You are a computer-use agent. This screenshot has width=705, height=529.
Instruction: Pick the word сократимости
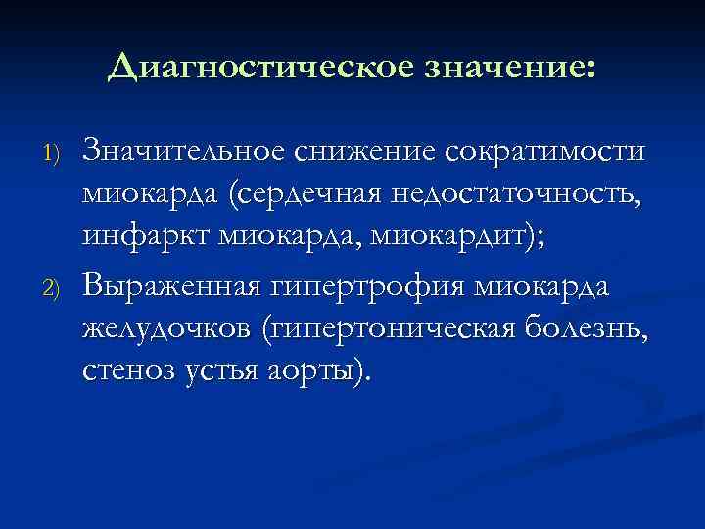click(545, 152)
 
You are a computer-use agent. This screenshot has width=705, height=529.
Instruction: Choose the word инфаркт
click(144, 238)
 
